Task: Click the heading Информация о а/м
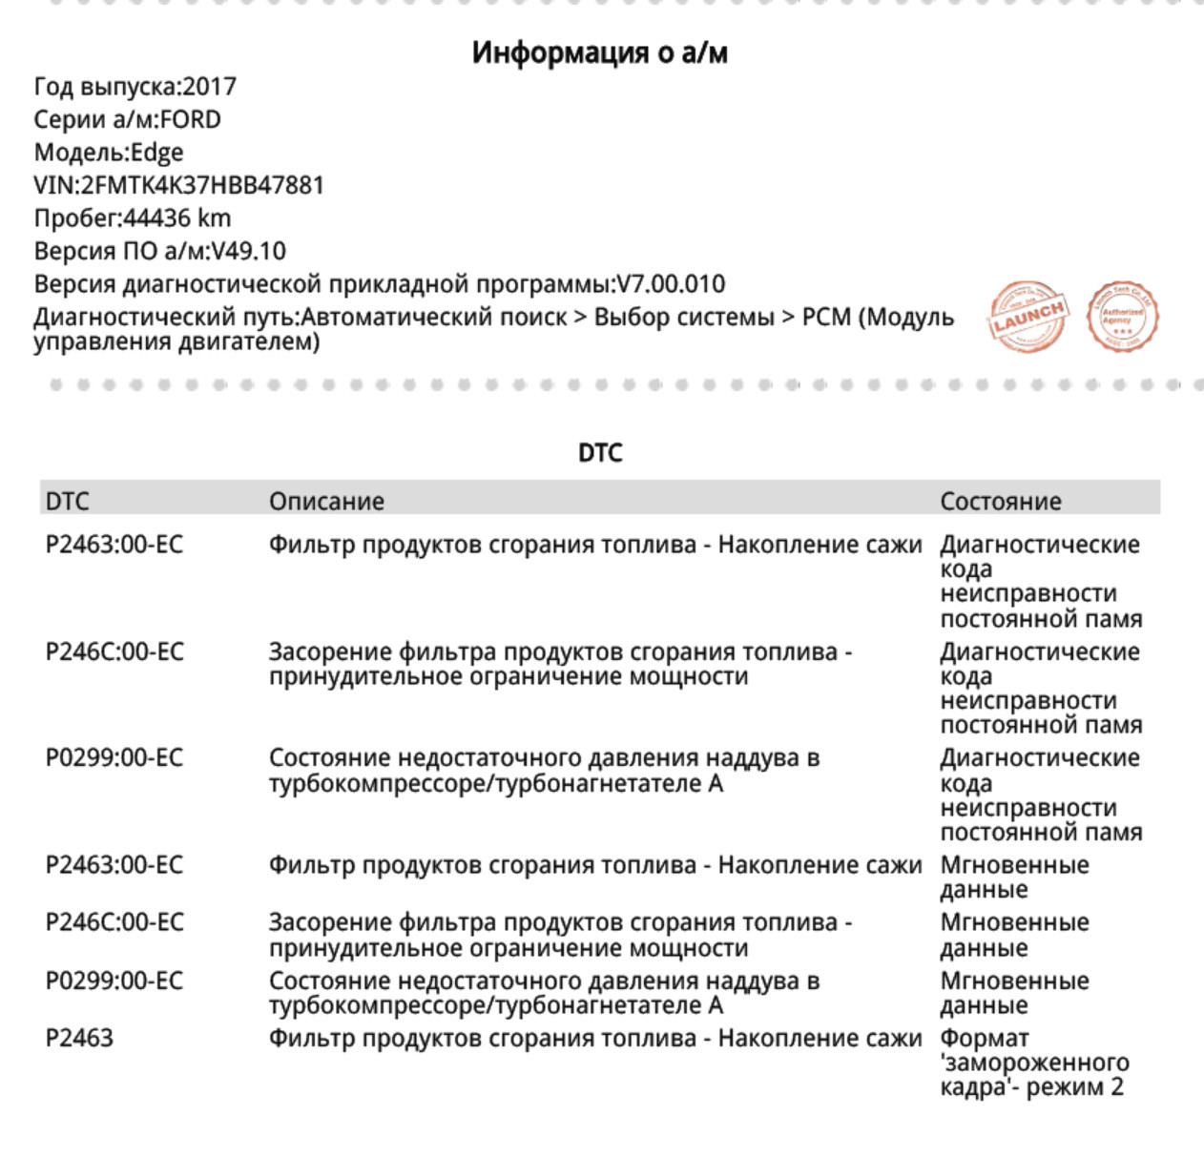599,52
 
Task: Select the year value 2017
209,87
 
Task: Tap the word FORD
190,120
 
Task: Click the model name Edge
156,153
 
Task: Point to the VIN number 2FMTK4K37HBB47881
202,185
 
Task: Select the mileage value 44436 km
177,218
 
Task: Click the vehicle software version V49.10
248,252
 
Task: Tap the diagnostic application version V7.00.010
671,284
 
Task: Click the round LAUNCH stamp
1027,316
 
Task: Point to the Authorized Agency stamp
1123,316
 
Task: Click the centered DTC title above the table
600,453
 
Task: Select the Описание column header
326,502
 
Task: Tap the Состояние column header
1000,502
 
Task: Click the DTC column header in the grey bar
67,502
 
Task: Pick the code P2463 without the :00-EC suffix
79,1038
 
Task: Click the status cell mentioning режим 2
1033,1063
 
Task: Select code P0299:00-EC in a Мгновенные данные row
114,981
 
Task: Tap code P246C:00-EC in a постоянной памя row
114,652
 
